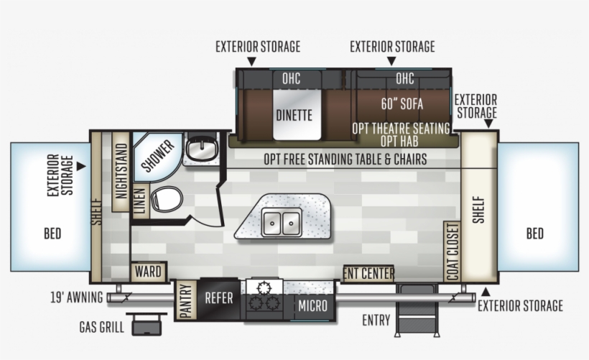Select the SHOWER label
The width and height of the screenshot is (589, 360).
point(158,155)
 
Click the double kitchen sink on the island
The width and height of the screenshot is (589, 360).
point(281,223)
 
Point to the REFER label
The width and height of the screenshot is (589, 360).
point(219,298)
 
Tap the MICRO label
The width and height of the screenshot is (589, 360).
point(313,306)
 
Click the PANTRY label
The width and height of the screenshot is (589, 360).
point(185,300)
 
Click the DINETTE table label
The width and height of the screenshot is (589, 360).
point(294,114)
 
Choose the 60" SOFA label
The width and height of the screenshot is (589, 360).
point(402,103)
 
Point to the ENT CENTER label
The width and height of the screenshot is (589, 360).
point(368,273)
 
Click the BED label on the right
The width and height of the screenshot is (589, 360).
point(534,234)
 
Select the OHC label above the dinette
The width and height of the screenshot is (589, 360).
point(291,78)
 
